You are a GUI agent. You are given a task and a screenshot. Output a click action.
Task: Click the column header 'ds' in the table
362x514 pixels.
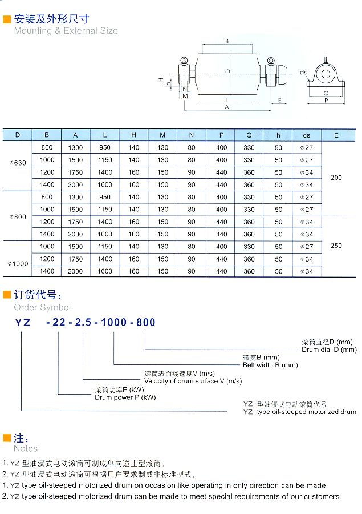click(x=307, y=135)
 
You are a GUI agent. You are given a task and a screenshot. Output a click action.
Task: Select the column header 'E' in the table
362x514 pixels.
click(x=336, y=135)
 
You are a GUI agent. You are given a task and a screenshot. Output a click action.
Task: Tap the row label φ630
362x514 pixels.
click(x=18, y=163)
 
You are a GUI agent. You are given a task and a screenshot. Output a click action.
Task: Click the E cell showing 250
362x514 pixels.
click(x=336, y=246)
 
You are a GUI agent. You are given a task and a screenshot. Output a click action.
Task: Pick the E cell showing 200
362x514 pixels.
click(x=336, y=178)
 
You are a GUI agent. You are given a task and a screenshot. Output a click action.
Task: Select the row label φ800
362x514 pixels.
click(x=18, y=217)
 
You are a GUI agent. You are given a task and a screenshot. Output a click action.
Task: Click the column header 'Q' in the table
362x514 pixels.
click(x=249, y=135)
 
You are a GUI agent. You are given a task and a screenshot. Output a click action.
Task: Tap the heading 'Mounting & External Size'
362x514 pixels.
click(x=66, y=31)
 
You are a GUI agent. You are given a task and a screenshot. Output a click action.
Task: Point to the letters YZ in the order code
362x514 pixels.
click(x=22, y=322)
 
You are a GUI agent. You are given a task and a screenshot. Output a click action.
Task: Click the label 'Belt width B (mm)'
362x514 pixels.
click(x=270, y=365)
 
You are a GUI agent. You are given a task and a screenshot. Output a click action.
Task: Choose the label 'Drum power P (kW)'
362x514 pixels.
click(x=125, y=397)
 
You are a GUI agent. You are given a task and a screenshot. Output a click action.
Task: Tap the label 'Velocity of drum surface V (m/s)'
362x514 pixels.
click(x=193, y=381)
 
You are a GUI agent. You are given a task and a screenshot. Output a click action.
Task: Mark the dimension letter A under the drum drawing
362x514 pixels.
click(x=227, y=107)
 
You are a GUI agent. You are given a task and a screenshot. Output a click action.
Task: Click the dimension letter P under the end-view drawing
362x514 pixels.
click(x=326, y=101)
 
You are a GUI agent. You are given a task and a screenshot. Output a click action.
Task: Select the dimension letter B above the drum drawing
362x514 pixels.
click(x=227, y=41)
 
